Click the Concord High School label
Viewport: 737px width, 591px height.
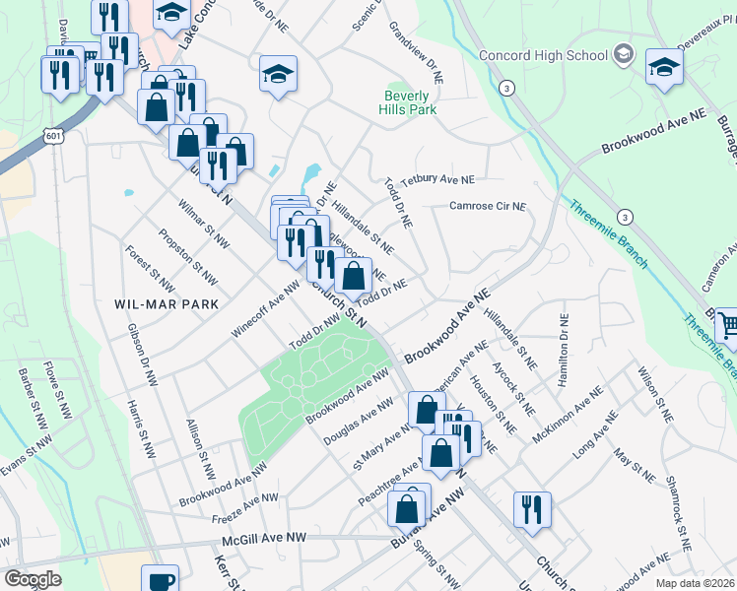543,55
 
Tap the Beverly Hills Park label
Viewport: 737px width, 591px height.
408,103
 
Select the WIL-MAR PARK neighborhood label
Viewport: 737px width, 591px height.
166,303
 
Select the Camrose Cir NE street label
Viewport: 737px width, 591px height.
488,207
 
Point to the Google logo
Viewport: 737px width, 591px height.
33,579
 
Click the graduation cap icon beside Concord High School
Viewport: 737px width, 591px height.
664,67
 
